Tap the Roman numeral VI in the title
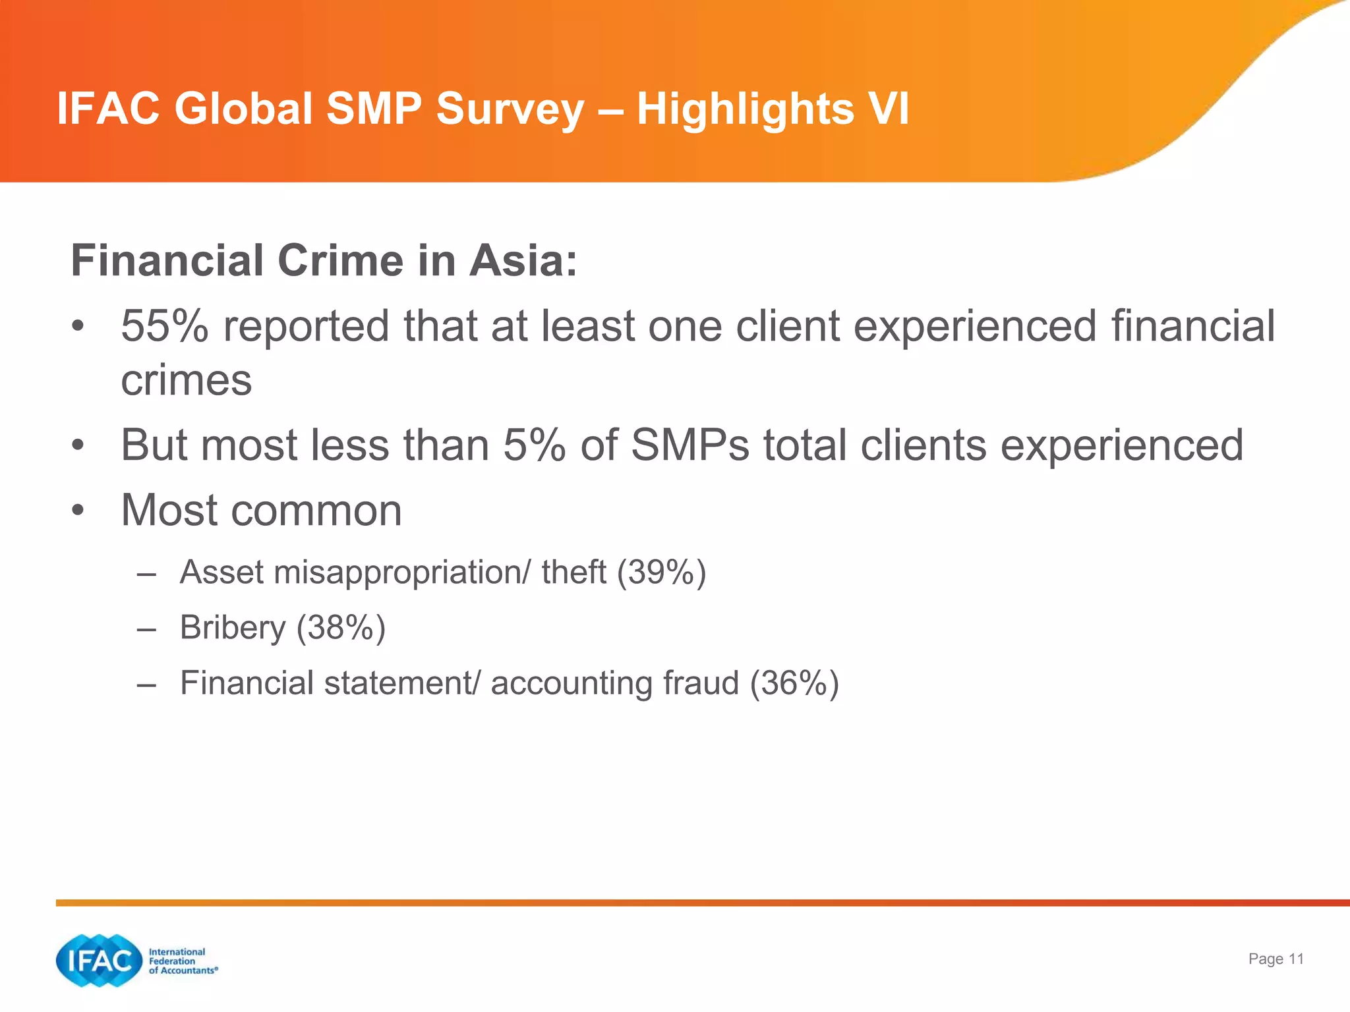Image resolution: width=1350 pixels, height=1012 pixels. [887, 109]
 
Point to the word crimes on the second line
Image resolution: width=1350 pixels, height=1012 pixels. [187, 381]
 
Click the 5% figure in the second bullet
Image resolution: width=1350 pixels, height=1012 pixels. [534, 445]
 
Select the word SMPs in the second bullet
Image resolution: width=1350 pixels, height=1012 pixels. [690, 445]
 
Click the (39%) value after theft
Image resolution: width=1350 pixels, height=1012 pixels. [661, 572]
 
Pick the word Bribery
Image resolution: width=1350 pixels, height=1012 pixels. [232, 627]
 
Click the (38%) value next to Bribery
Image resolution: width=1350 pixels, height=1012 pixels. [341, 627]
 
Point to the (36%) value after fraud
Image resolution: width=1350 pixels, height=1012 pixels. [794, 683]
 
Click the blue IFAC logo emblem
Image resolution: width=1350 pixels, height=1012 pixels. [100, 961]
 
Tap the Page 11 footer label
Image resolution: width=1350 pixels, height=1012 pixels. [1276, 959]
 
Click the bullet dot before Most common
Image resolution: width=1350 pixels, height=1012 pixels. [78, 511]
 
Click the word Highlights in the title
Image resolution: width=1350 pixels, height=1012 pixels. [745, 109]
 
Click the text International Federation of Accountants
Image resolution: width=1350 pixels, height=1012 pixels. [182, 961]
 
